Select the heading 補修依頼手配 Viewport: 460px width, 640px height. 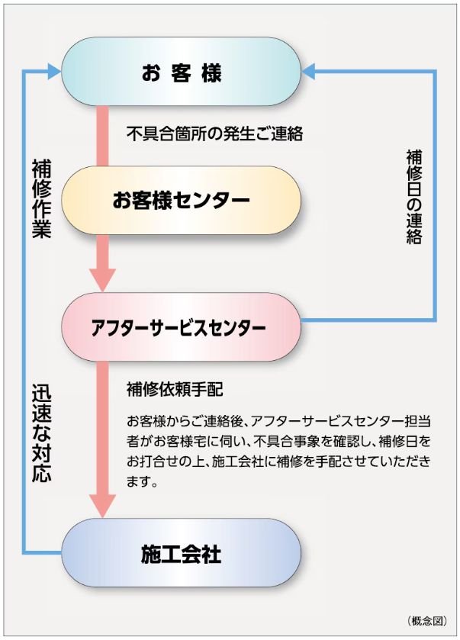click(174, 389)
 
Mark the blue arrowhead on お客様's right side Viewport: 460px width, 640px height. click(310, 72)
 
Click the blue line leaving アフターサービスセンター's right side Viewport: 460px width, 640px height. click(366, 320)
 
